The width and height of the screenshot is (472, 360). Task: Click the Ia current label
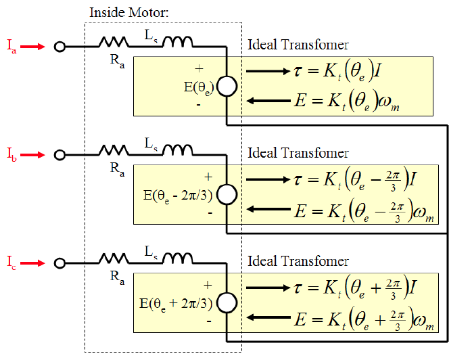click(11, 47)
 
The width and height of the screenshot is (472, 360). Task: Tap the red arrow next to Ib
click(32, 155)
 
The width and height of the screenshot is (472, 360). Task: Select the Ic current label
click(11, 263)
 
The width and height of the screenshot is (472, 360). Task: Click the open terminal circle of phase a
click(60, 47)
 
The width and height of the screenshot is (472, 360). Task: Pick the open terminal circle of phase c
click(60, 263)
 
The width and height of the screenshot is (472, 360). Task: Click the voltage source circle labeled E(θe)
click(226, 87)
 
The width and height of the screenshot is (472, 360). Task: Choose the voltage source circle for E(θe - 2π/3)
click(226, 195)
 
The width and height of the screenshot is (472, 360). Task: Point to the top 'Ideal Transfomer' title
click(298, 45)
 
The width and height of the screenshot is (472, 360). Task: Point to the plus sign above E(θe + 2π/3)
click(208, 285)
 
